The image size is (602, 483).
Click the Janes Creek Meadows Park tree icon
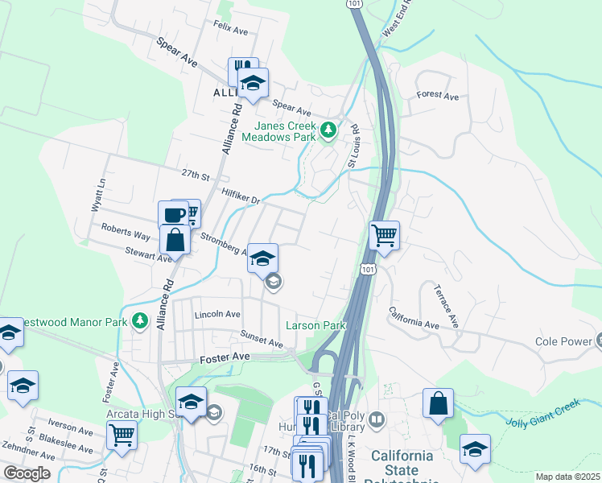[328, 130]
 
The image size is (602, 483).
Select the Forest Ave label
[437, 96]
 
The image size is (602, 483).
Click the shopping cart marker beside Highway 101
[385, 236]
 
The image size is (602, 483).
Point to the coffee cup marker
[174, 214]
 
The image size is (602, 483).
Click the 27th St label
[195, 175]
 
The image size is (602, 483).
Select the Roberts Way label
[125, 232]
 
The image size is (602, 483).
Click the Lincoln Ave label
[217, 314]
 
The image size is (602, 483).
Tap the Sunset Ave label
[262, 339]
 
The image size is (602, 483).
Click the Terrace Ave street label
[445, 305]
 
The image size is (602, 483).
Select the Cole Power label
[563, 341]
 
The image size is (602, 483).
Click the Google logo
[27, 473]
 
